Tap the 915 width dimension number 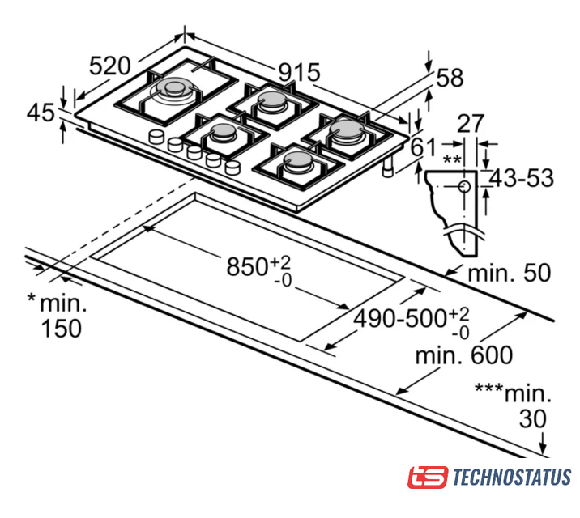(x=299, y=73)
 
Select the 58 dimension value (x=450, y=78)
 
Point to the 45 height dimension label (x=41, y=113)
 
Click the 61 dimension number (x=422, y=147)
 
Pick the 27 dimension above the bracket (x=471, y=124)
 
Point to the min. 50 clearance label (x=510, y=273)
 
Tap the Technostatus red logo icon (x=427, y=477)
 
